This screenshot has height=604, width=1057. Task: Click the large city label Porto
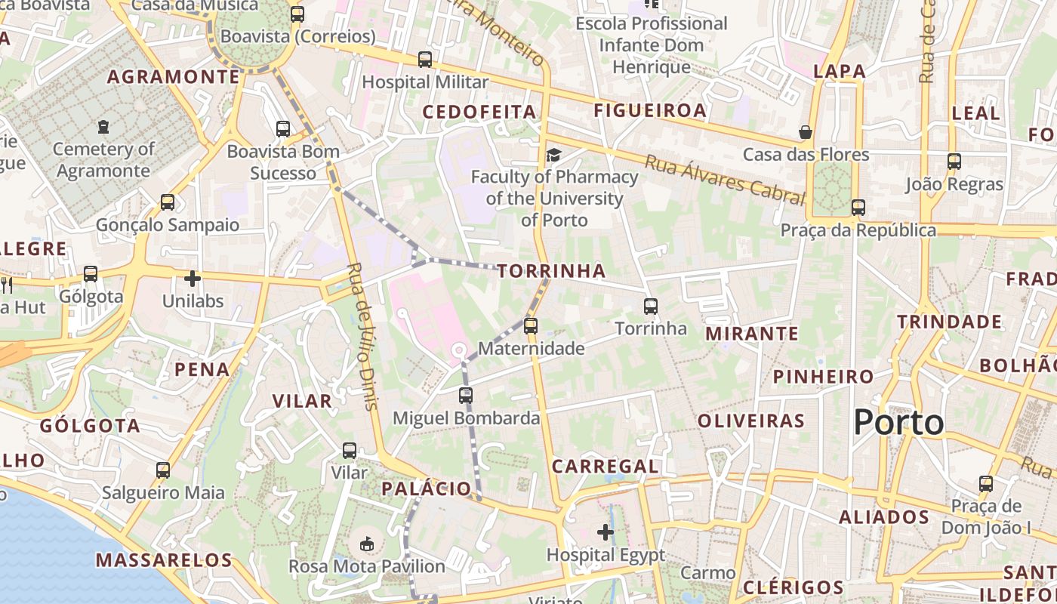click(x=898, y=423)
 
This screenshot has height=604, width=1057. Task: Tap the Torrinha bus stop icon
click(x=651, y=307)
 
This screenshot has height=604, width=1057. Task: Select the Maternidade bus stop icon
click(x=531, y=326)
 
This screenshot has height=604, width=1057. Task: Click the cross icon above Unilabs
click(x=193, y=279)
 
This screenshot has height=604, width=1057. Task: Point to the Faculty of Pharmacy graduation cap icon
click(x=554, y=155)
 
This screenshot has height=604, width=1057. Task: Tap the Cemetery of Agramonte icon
click(x=103, y=127)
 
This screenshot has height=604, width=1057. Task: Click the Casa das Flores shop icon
click(x=806, y=133)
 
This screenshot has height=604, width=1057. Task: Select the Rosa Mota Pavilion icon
click(x=367, y=544)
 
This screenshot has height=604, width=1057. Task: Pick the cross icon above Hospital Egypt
click(x=606, y=533)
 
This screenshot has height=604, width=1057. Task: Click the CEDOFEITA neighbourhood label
click(x=479, y=112)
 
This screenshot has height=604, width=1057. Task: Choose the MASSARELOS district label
click(x=164, y=560)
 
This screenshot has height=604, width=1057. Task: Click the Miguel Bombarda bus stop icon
click(x=466, y=395)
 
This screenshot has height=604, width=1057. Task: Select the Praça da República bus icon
click(x=858, y=208)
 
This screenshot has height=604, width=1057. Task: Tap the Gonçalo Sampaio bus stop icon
click(x=168, y=202)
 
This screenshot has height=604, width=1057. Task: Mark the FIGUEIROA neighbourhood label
click(x=650, y=111)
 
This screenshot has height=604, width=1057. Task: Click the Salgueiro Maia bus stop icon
click(x=163, y=470)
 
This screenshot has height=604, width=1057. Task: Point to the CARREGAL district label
click(x=605, y=467)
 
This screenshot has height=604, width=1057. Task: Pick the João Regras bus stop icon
click(x=954, y=162)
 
